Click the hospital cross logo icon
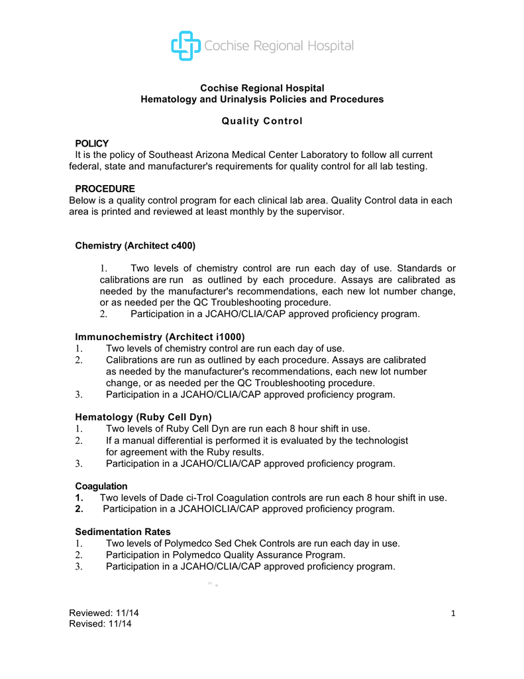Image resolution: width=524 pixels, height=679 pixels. (185, 46)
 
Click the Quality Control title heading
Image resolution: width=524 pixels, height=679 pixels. (262, 121)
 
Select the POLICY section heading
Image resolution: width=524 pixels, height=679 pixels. (92, 143)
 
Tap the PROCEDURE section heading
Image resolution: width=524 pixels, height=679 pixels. (105, 189)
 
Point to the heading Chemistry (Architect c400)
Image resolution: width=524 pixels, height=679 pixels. (135, 245)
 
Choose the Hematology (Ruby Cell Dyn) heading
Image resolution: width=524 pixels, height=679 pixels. (143, 417)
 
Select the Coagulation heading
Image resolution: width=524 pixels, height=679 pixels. (101, 486)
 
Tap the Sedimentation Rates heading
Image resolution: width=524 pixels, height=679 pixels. (123, 532)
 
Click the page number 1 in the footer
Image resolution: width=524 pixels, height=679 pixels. (453, 613)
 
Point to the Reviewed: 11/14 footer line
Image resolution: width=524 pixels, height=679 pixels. (104, 612)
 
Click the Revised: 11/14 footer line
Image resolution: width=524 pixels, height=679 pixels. (101, 623)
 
